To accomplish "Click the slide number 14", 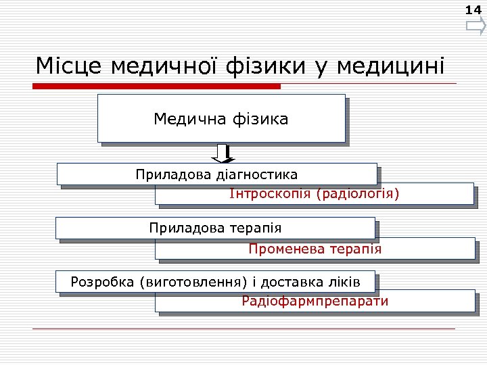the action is coord(473,9).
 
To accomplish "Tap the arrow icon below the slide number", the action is coord(476,27).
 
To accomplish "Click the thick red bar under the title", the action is coord(157,86).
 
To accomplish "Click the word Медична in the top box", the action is coord(181,120).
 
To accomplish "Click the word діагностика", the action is coord(256,174).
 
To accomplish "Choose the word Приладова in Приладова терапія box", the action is coord(178,228).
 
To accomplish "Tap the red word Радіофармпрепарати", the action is coord(315,301).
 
